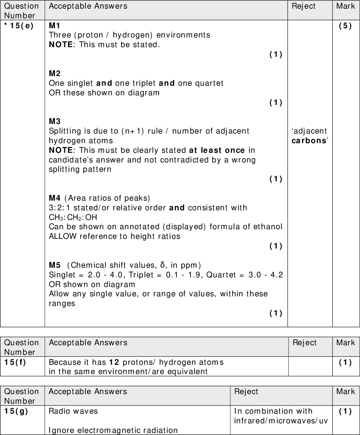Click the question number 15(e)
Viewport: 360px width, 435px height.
(19, 26)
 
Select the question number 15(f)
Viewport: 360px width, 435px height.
(15, 362)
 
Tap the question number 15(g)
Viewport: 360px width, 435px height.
(16, 411)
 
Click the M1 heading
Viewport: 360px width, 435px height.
(54, 25)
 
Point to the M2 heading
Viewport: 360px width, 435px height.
(55, 73)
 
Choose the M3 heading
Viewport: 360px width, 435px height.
(55, 121)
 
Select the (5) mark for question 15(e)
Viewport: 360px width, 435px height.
(345, 26)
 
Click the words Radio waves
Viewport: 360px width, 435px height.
(73, 411)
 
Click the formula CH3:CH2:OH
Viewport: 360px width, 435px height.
(73, 217)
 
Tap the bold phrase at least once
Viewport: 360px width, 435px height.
(217, 150)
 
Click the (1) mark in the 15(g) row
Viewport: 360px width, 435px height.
(345, 411)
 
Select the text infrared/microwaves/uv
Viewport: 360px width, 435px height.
(281, 421)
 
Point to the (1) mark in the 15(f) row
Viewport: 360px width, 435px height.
(345, 362)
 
